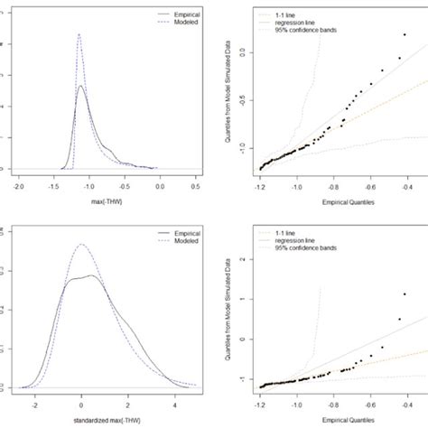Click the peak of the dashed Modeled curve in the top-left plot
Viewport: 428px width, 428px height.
(79, 35)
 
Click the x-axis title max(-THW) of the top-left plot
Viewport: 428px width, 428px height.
(107, 197)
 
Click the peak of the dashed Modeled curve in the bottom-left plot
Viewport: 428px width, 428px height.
(82, 244)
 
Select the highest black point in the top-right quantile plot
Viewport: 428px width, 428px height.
(399, 59)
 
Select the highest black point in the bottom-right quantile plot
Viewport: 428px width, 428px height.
(405, 293)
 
